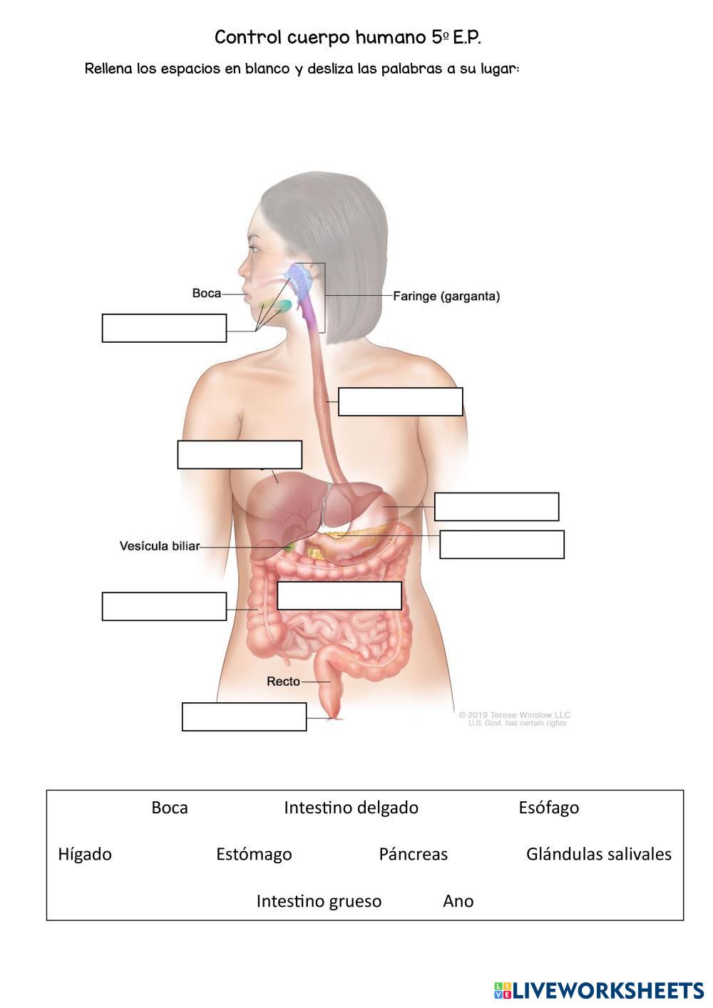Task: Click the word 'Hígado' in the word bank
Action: [x=85, y=854]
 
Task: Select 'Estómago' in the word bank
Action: [x=254, y=854]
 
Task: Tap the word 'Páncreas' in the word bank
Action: [x=414, y=854]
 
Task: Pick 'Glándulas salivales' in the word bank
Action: [x=599, y=854]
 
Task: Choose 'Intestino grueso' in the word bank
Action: [x=319, y=901]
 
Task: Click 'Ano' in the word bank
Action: [x=458, y=901]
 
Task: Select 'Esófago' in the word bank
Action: [x=549, y=808]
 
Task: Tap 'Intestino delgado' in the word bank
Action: [x=351, y=808]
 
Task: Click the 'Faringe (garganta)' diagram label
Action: [x=446, y=296]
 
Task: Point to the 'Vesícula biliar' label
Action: [x=159, y=546]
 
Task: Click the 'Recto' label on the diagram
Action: [x=283, y=682]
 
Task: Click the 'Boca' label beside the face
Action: [x=206, y=293]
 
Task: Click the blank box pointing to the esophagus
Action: [x=400, y=401]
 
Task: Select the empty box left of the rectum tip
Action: [x=244, y=716]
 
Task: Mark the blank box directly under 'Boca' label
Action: [x=164, y=328]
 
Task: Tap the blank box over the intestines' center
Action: [x=339, y=595]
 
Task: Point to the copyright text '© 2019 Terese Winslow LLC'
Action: [x=514, y=714]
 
